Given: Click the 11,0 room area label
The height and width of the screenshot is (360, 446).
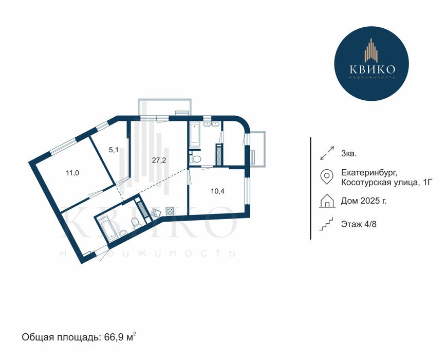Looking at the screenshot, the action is [x=72, y=173].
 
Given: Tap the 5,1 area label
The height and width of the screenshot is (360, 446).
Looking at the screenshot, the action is [x=114, y=150].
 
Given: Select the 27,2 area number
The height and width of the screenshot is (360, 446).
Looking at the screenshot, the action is [x=159, y=160].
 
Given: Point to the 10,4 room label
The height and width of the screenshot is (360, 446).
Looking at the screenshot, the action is [x=217, y=191].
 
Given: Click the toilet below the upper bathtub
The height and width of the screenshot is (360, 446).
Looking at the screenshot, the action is [x=195, y=159].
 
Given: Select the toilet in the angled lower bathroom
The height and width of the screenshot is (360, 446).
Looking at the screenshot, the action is [x=136, y=223].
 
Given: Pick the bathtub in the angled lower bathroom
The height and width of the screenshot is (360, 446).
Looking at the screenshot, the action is [x=106, y=228].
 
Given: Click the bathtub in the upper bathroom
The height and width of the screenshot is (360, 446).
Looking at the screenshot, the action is [x=195, y=135].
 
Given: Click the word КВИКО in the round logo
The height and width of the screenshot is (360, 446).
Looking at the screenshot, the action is [x=373, y=69].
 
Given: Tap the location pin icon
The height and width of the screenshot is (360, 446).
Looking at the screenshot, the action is [x=327, y=176].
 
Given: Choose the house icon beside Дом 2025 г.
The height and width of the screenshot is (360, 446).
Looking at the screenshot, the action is [x=327, y=201].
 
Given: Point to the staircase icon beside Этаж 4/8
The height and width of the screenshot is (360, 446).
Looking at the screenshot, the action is [x=326, y=224].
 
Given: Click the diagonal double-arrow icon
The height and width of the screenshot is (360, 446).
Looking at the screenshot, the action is [x=327, y=153].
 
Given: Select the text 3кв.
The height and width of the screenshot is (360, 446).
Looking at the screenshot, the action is [x=349, y=154].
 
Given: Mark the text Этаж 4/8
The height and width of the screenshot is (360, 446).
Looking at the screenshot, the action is [x=359, y=224].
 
